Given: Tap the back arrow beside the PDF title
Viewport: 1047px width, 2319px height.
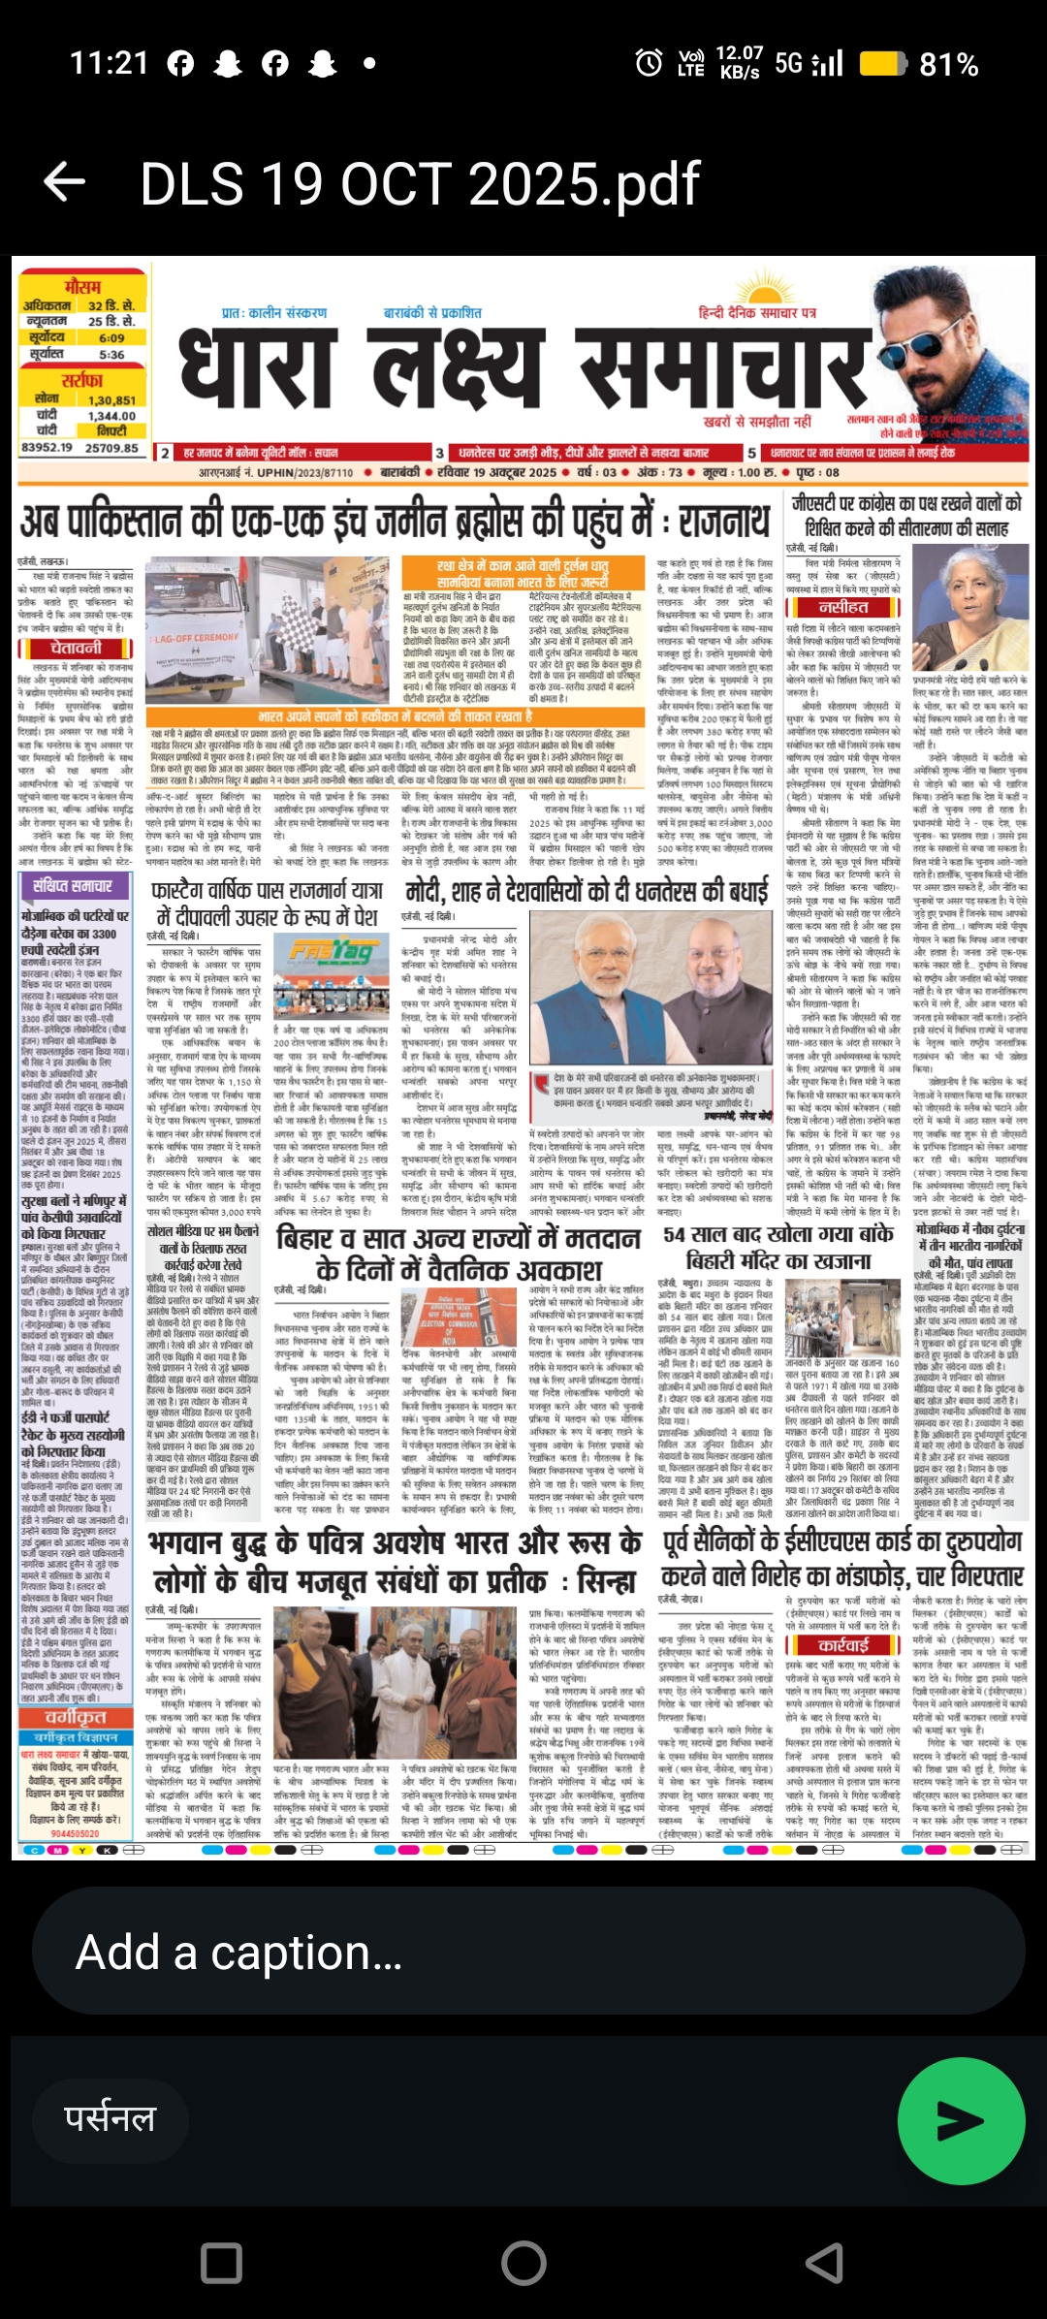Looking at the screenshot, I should (65, 182).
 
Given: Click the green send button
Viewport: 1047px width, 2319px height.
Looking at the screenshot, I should (961, 2121).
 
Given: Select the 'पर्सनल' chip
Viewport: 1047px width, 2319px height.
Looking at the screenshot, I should (111, 2119).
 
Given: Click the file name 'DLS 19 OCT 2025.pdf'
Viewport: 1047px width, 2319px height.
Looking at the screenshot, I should (420, 183).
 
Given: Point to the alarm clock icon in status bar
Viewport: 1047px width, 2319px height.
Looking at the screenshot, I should (649, 64).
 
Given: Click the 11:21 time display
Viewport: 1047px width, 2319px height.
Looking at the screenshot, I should (109, 64).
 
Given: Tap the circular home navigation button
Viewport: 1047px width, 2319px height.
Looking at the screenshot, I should (523, 2262).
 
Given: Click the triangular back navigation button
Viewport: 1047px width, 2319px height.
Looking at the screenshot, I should (825, 2262).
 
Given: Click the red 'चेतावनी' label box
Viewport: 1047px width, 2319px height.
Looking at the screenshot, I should (76, 648).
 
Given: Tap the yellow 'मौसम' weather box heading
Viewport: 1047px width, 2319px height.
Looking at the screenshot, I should (81, 287).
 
